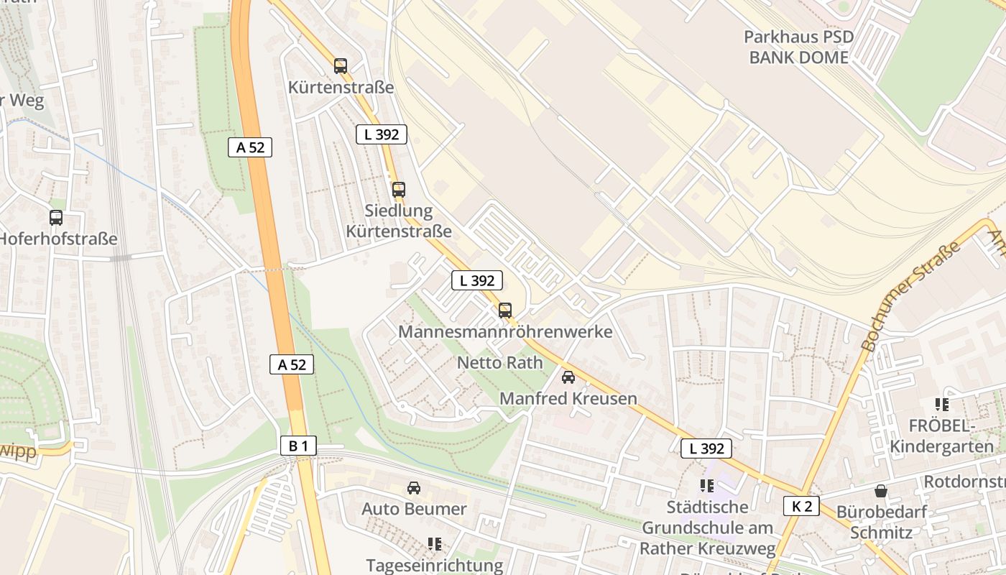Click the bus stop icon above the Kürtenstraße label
pos(341,66)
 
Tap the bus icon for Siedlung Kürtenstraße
pos(399,190)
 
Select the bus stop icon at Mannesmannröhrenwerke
pos(505,310)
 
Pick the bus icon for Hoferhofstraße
pos(56,217)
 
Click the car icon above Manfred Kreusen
pos(568,377)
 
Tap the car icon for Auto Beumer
pos(414,488)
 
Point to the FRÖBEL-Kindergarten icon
pos(942,405)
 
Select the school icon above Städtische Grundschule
pos(707,486)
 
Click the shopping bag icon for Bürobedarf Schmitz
pos(881,492)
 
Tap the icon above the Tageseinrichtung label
pos(434,543)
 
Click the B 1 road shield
pos(298,446)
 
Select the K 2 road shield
pos(801,506)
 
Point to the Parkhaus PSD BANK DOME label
pos(799,47)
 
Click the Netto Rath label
pos(500,362)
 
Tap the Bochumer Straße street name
pos(910,296)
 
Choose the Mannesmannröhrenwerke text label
pos(505,332)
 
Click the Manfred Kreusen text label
pos(568,398)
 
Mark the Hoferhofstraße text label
pos(57,239)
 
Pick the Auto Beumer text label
pos(414,509)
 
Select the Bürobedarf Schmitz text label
pos(882,523)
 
